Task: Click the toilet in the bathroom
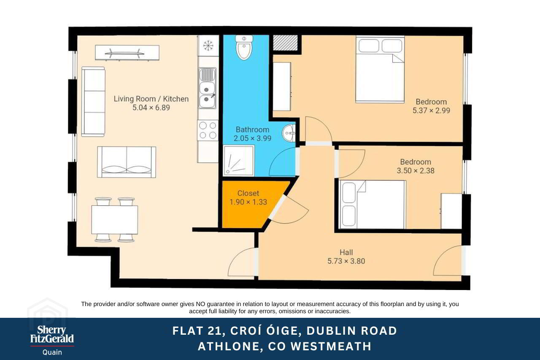click(x=244, y=48)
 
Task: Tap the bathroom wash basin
click(x=289, y=133)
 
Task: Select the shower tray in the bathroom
click(x=239, y=161)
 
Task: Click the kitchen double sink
click(x=207, y=88)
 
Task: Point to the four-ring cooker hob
click(x=208, y=130)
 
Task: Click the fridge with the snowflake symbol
click(x=208, y=46)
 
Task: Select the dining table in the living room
click(x=114, y=220)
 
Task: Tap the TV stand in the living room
click(x=127, y=53)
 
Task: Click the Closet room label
click(x=248, y=193)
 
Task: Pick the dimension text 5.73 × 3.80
click(x=346, y=261)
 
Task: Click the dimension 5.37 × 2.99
click(x=431, y=110)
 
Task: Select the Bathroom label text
click(x=252, y=130)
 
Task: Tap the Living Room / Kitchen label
click(x=151, y=99)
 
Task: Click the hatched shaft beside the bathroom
click(x=285, y=43)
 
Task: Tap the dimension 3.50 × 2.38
click(x=416, y=171)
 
